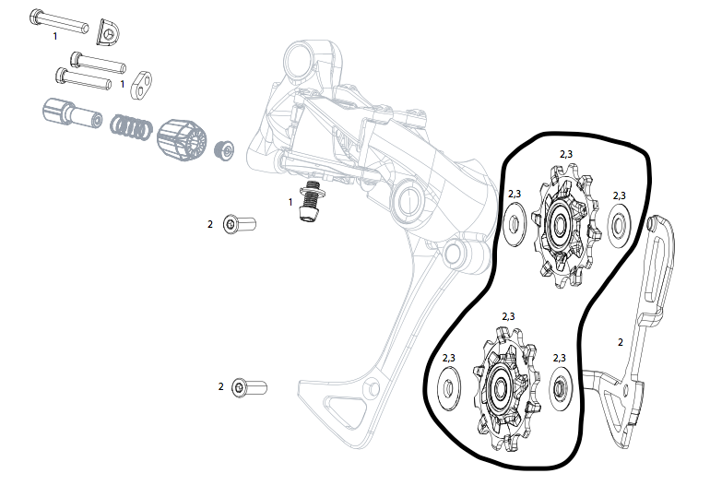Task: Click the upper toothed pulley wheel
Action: (560, 223)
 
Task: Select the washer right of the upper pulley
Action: (619, 222)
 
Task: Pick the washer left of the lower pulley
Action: (448, 385)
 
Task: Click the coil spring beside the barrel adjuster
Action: (130, 126)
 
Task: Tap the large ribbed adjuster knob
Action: (181, 139)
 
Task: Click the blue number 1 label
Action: (54, 36)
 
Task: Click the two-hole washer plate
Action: (140, 85)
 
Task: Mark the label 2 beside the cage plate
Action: (620, 342)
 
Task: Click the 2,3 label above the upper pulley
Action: (566, 154)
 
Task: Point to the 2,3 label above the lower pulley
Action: (508, 316)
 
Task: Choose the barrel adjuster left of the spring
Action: (71, 115)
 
